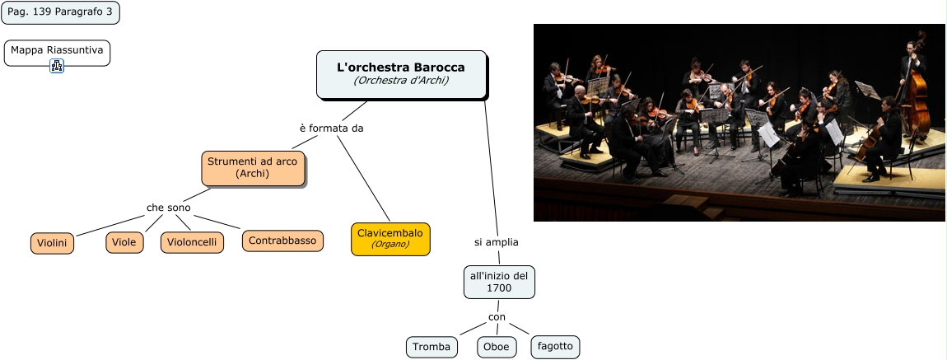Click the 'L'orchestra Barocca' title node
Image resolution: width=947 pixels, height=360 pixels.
point(401,67)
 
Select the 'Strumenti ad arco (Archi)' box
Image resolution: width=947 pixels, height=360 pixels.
point(253,167)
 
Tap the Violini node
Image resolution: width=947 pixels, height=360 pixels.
point(53,243)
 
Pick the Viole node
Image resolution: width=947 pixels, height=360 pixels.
point(124,242)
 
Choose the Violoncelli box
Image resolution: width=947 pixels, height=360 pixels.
point(192,242)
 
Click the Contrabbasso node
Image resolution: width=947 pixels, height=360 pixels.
point(282,241)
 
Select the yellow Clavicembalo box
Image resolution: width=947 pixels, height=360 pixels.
point(390,238)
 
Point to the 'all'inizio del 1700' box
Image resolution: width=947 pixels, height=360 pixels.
point(499,282)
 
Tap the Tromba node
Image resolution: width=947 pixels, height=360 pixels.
point(432,347)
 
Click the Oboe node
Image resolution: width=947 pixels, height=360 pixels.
point(496,347)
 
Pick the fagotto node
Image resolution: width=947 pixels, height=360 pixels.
point(555,346)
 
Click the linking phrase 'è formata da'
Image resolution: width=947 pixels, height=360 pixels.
point(331,129)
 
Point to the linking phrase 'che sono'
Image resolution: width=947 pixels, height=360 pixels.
point(169,208)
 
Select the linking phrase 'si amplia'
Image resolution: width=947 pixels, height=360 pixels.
point(497,242)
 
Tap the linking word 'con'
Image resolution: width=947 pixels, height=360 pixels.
point(497,316)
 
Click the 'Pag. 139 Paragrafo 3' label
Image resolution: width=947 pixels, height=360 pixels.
point(59,12)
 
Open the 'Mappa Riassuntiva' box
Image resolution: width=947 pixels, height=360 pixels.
point(57,50)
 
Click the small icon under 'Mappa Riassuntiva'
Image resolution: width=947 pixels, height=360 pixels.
point(57,66)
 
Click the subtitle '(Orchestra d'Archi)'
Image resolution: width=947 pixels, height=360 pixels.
point(401,81)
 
